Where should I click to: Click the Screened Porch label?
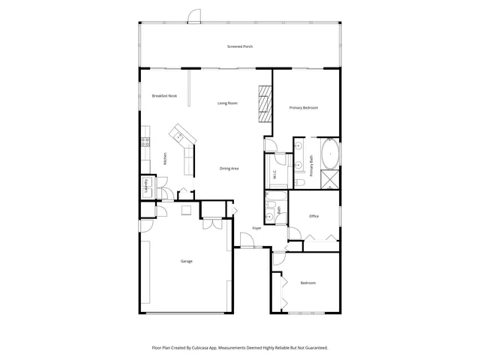click(x=240, y=46)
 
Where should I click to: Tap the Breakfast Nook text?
click(x=164, y=96)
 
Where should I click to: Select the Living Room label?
click(x=228, y=103)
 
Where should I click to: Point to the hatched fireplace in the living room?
click(x=264, y=104)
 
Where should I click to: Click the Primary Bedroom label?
click(x=304, y=108)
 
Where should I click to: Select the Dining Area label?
click(x=229, y=168)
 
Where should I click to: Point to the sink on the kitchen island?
click(x=179, y=136)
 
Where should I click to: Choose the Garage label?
click(x=187, y=261)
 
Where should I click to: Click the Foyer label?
click(x=256, y=228)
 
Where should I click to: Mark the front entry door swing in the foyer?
click(x=246, y=241)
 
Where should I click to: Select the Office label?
click(x=314, y=216)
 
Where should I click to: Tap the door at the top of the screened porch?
click(x=193, y=16)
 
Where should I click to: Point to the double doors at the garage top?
click(x=211, y=223)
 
